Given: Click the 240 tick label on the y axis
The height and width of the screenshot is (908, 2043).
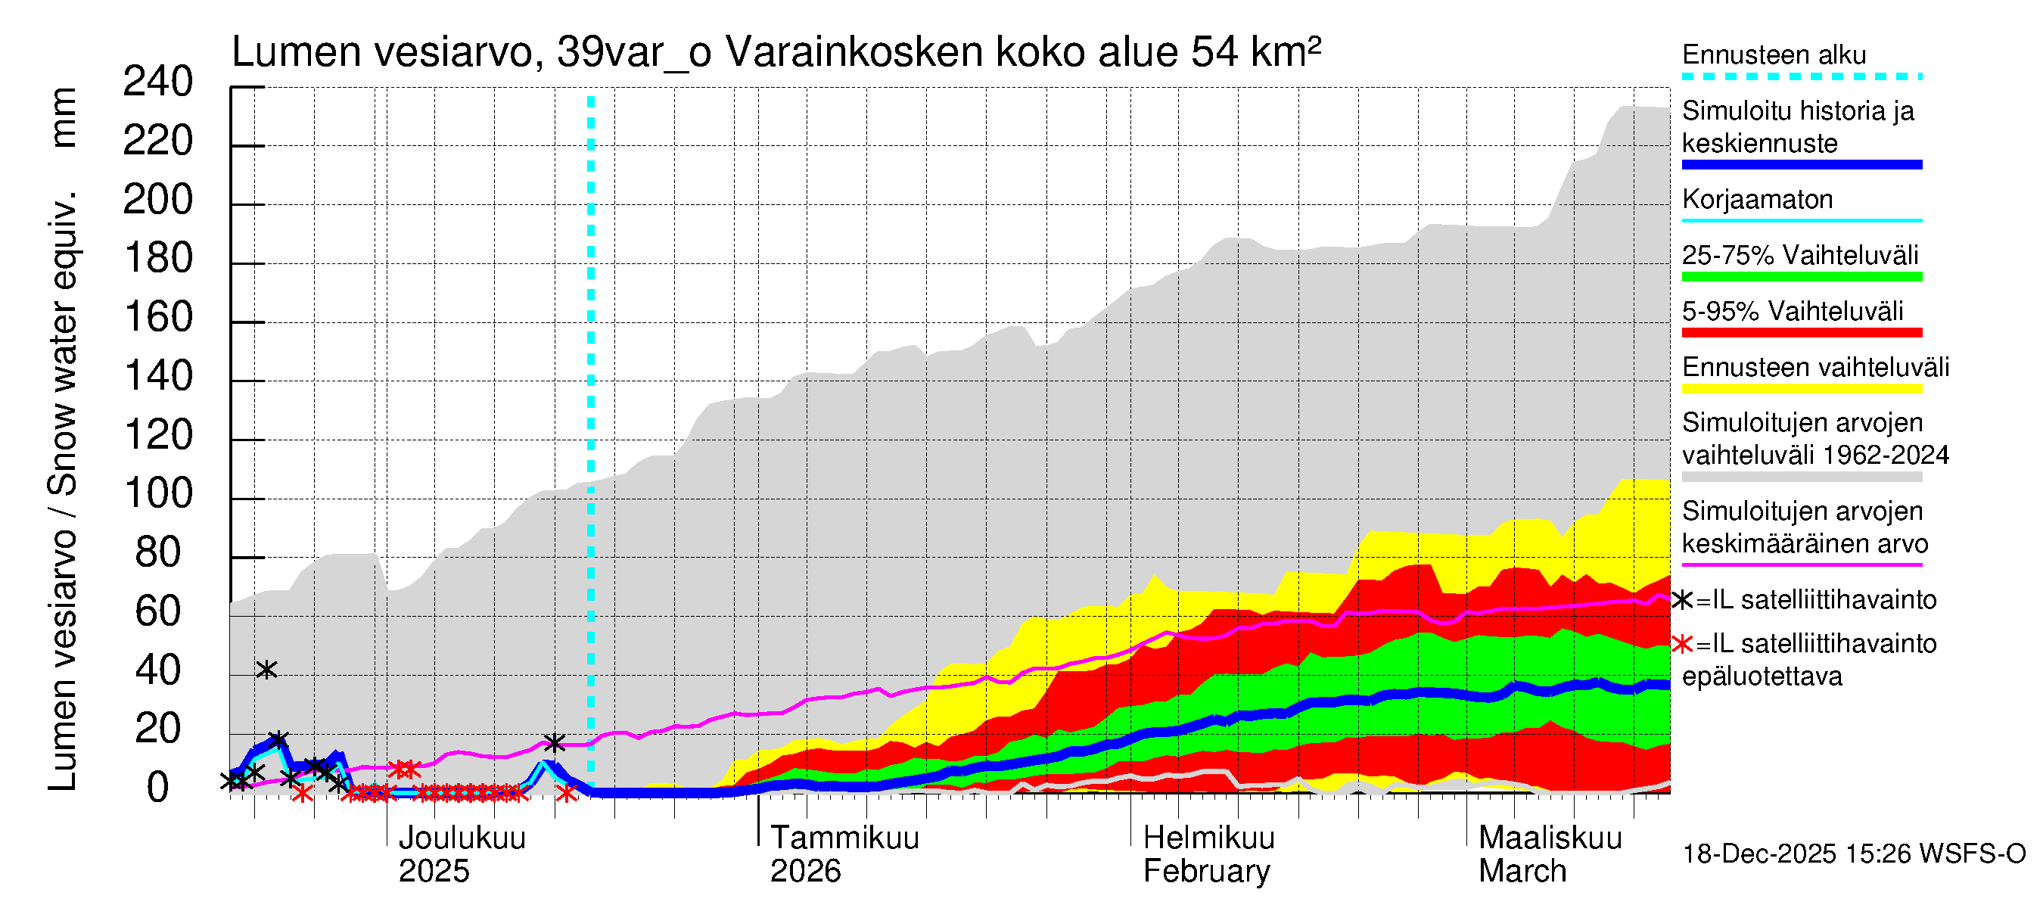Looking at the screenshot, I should (158, 82).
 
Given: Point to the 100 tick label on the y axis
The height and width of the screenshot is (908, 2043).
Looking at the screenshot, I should (158, 494).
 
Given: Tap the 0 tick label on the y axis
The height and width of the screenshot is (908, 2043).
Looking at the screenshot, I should (158, 788).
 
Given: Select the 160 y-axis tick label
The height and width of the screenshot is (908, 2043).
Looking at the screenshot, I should (158, 318).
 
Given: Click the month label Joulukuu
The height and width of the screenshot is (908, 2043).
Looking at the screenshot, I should (462, 838).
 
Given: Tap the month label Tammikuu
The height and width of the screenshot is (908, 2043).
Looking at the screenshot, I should (844, 838).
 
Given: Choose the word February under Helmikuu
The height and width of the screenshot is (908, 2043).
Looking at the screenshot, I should (1206, 872).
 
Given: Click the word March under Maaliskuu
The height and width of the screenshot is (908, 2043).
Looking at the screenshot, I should (1522, 872).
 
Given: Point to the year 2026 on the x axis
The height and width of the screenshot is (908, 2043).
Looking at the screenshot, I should (805, 872).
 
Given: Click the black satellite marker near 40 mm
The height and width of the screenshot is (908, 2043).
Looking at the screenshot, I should (266, 670).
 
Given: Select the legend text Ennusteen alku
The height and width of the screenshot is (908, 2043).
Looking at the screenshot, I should (1774, 55).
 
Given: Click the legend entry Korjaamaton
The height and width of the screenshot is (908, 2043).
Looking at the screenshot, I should (1757, 200).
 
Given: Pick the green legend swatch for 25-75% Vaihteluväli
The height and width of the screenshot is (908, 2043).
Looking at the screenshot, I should (1801, 277).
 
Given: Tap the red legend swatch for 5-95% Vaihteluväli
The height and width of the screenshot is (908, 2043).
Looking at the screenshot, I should (1801, 333).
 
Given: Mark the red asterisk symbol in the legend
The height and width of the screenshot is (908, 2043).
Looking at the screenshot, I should (1681, 644).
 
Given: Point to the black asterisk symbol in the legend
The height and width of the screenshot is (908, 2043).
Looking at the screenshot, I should (1681, 600).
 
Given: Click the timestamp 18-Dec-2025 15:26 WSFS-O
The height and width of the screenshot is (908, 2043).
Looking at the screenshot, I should (1853, 854).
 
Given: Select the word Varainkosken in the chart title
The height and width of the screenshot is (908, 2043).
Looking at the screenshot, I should (854, 52).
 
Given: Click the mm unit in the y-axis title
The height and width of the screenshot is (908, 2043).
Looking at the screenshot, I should (64, 117).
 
